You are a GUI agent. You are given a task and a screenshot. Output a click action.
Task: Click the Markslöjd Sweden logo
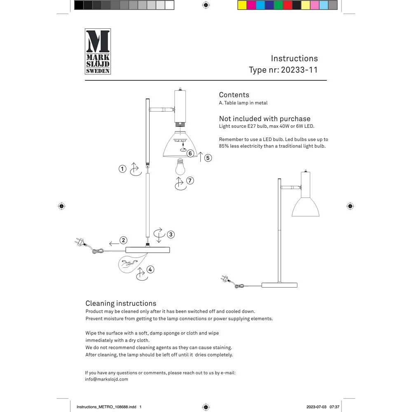point(98,51)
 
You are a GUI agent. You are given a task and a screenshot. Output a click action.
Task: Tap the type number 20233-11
point(299,70)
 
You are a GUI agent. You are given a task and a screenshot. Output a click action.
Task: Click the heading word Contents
point(234,95)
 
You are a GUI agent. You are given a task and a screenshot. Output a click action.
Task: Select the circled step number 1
point(122,169)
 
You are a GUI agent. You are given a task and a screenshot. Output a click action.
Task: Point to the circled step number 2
point(123,240)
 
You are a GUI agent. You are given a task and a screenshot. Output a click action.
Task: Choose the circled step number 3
point(171,234)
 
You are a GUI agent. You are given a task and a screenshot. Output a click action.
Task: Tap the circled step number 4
point(150,269)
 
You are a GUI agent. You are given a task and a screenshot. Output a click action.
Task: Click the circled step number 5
point(208,158)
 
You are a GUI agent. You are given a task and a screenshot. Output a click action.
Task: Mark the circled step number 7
point(190,180)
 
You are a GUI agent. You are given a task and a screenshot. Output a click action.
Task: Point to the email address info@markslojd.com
point(106,379)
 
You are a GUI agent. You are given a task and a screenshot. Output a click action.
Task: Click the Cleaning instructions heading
point(121,304)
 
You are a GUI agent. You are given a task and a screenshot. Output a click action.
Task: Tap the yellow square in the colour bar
point(242,5)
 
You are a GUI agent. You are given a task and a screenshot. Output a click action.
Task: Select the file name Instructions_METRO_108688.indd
point(106,407)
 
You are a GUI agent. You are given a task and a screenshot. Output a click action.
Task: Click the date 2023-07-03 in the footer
point(316,407)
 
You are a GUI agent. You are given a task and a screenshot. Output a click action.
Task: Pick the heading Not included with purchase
point(265,119)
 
